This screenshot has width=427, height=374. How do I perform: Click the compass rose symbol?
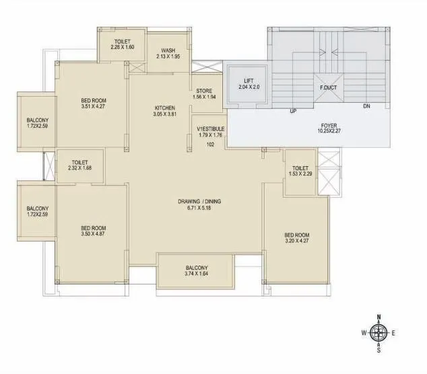[x=379, y=332]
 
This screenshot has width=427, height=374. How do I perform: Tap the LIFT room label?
[x=249, y=81]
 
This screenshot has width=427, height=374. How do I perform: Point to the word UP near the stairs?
[x=293, y=110]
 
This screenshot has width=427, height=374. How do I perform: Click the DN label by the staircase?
[x=366, y=106]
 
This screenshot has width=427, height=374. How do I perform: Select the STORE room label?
[x=204, y=90]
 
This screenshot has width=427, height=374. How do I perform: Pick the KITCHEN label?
[x=164, y=108]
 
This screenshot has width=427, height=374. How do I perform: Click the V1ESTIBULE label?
[x=211, y=128]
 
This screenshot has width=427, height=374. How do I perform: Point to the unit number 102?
[x=210, y=144]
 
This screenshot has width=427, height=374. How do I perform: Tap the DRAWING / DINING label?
[x=199, y=201]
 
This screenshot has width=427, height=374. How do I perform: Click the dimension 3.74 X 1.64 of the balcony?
[x=197, y=274]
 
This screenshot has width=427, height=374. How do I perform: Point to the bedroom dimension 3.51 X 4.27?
[x=94, y=107]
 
